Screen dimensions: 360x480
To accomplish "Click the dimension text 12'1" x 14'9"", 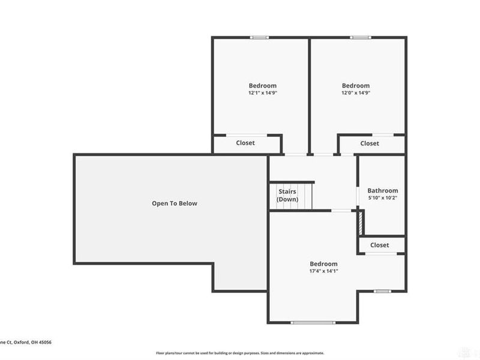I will pos(262,93).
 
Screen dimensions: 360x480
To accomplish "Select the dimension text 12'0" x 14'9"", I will pos(356,93).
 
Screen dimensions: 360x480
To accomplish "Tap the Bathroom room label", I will pos(383,190).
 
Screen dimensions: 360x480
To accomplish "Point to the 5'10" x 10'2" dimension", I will pos(383,197).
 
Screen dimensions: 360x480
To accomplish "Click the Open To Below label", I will pos(174,203).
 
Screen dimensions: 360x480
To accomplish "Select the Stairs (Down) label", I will pos(287,195).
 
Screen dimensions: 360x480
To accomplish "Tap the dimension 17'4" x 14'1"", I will pos(323,271).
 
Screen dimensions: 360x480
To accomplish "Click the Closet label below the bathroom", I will pos(379,245).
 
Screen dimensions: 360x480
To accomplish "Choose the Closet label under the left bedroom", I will pos(245,143).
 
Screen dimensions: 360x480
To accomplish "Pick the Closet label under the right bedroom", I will pos(370,143).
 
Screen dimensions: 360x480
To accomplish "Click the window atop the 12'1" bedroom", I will pos(259,37).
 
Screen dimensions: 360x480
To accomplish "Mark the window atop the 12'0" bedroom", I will pos(360,37).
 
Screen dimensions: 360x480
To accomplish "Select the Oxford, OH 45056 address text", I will pos(25,342).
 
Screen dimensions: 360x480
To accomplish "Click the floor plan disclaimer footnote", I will pos(240,353).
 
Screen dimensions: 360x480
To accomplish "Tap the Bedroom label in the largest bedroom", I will pos(323,263).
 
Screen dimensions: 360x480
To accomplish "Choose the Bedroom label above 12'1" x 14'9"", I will pos(262,85).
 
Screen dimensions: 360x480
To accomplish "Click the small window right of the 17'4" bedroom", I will pos(382,291).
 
